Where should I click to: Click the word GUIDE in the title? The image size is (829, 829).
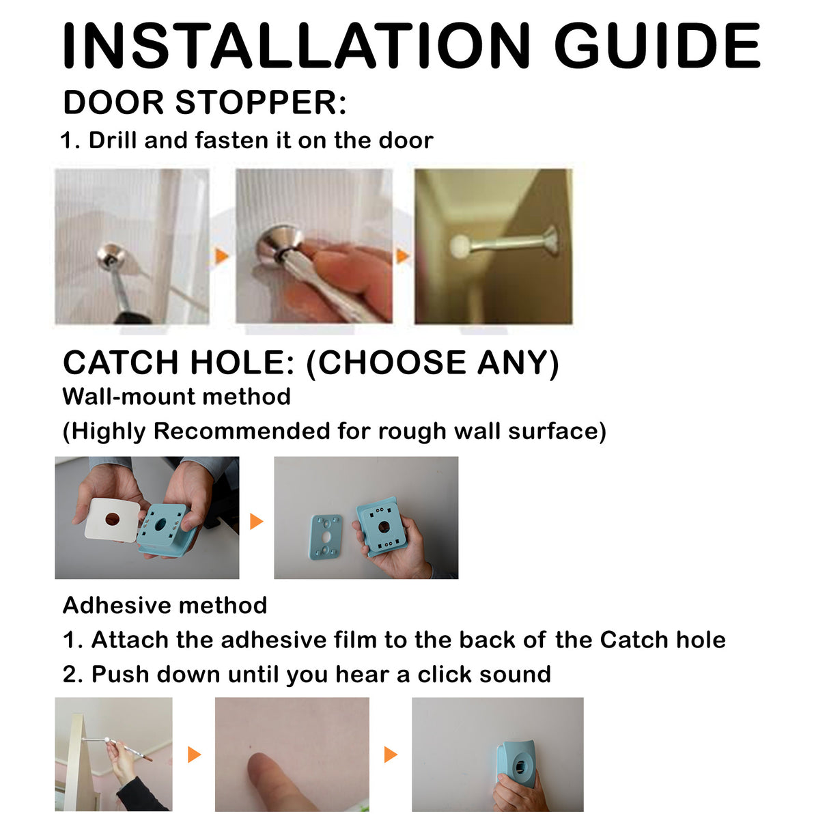point(658,46)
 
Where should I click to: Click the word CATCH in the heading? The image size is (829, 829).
point(120,363)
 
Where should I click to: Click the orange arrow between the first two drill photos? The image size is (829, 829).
point(222,256)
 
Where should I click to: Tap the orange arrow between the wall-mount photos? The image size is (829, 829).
point(257,521)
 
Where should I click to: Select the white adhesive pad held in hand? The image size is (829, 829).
point(113,520)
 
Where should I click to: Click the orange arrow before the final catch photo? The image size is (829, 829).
point(391,755)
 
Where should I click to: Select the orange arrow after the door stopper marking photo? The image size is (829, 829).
point(195,755)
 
